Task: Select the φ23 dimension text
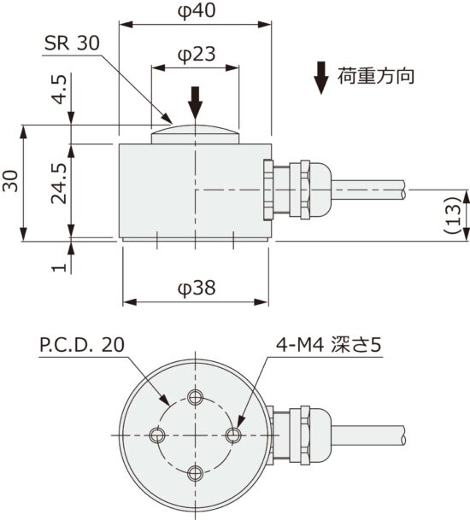click(x=195, y=55)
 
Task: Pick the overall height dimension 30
click(x=11, y=184)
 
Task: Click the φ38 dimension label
click(x=196, y=289)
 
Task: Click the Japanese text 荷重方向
click(x=377, y=77)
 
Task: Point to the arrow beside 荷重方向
click(x=320, y=78)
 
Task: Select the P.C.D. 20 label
click(x=82, y=345)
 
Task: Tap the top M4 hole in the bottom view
click(x=196, y=396)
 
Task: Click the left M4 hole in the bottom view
click(x=156, y=435)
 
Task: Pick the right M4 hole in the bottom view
click(x=234, y=435)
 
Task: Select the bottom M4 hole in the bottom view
click(x=196, y=473)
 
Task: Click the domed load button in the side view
click(x=196, y=133)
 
